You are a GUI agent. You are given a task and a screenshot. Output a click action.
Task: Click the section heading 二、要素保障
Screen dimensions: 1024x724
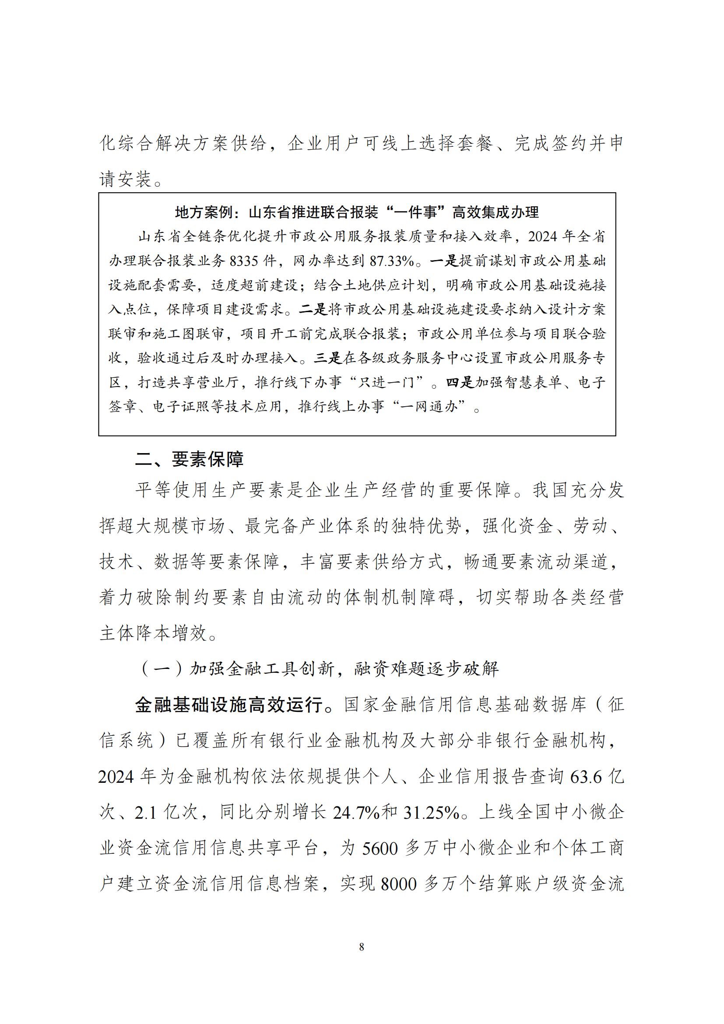[x=190, y=459]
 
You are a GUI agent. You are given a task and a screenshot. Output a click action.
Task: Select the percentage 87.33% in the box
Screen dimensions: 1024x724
[x=392, y=261]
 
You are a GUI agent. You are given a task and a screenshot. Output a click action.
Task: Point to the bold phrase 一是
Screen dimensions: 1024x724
[x=444, y=260]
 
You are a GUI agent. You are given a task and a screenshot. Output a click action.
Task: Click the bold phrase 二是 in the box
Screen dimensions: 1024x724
[x=313, y=309]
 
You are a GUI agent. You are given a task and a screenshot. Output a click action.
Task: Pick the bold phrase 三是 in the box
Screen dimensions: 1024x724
[x=328, y=358]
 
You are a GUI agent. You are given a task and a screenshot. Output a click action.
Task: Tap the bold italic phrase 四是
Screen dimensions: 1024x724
[x=460, y=382]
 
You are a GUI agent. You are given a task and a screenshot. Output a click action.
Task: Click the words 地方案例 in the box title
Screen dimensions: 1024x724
[x=196, y=212]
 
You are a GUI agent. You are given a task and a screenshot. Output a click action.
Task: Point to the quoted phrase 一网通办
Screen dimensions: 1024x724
[x=429, y=406]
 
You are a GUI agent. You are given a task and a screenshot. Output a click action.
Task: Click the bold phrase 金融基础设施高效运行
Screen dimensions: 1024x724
[x=228, y=705]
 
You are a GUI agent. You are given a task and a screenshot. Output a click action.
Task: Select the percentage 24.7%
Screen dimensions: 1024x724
[x=355, y=813]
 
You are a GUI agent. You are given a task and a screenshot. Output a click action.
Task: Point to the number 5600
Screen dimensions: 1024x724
[x=380, y=848]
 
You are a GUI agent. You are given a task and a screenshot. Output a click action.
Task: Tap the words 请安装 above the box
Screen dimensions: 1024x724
[x=125, y=179]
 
